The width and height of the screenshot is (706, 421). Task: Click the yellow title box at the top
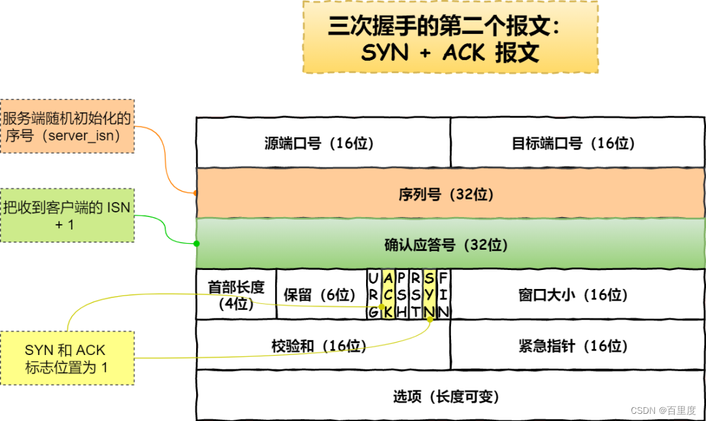click(x=450, y=37)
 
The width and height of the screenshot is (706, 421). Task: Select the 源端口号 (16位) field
click(x=323, y=143)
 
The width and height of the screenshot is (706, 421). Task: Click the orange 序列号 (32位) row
click(x=450, y=194)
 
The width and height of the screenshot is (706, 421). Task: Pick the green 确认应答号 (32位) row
click(x=450, y=244)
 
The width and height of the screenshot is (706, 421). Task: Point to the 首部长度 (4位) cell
click(x=236, y=294)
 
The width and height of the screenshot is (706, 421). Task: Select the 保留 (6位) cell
click(x=321, y=294)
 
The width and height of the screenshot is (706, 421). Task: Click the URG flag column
click(x=373, y=294)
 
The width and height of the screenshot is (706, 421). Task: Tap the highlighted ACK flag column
click(x=388, y=294)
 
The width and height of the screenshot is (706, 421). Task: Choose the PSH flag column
click(x=401, y=294)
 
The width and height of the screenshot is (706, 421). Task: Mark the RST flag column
click(x=416, y=294)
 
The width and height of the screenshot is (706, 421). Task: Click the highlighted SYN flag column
click(x=429, y=294)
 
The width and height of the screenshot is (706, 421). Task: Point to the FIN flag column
click(x=443, y=294)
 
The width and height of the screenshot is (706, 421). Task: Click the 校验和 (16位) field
click(x=323, y=345)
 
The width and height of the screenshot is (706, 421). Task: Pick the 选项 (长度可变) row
click(x=450, y=396)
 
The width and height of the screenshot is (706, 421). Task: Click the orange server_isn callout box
click(x=67, y=126)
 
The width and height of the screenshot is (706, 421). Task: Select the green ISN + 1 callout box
click(x=67, y=216)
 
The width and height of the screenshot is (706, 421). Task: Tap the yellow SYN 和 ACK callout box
click(x=67, y=359)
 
